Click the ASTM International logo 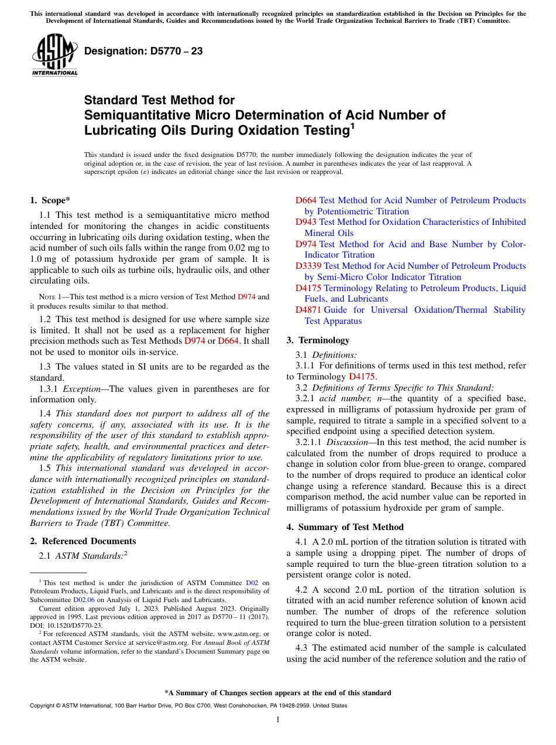coord(54,55)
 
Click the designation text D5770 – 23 coord(143,51)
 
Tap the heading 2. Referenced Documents coord(83,541)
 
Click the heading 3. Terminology coord(318,340)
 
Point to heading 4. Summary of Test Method coord(345,527)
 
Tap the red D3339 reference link coord(308,266)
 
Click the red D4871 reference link coord(308,310)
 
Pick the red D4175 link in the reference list coord(308,288)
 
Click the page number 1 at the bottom coord(278,719)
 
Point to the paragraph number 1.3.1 coord(49,389)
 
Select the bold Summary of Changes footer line coord(278,693)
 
